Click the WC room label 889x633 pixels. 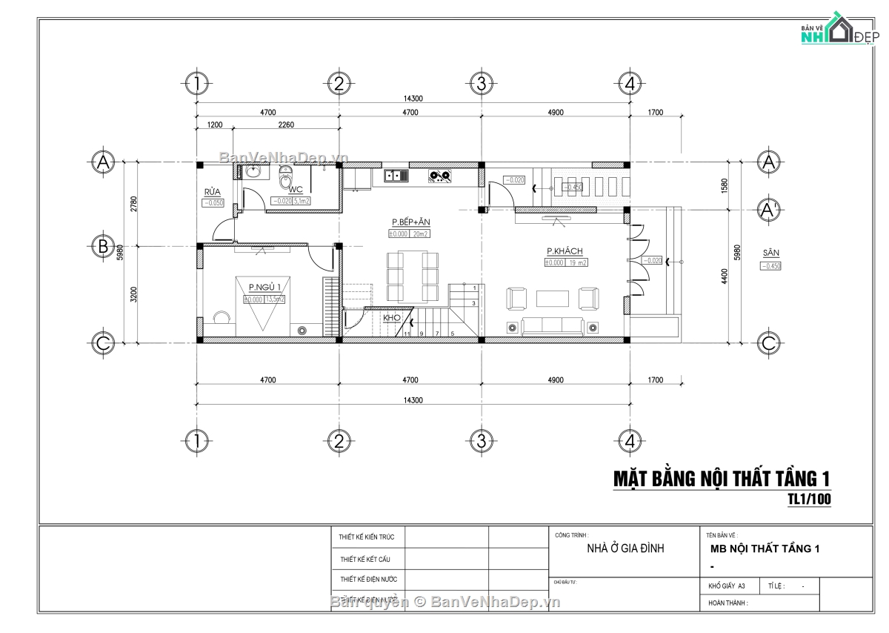296,190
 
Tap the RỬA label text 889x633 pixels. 213,192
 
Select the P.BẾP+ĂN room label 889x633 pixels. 411,222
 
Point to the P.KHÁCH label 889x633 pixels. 565,251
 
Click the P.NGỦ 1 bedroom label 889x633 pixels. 264,287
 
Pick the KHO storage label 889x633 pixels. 392,318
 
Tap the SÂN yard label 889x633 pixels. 770,253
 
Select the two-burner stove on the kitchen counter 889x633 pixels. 441,176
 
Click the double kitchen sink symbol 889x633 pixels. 396,176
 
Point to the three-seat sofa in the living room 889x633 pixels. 552,325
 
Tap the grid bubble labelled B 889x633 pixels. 103,246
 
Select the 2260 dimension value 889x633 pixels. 286,125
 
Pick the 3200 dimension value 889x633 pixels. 133,295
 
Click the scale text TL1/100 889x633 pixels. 809,500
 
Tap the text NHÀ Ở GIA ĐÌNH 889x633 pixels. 625,549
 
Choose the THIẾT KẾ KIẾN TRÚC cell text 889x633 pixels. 367,537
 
